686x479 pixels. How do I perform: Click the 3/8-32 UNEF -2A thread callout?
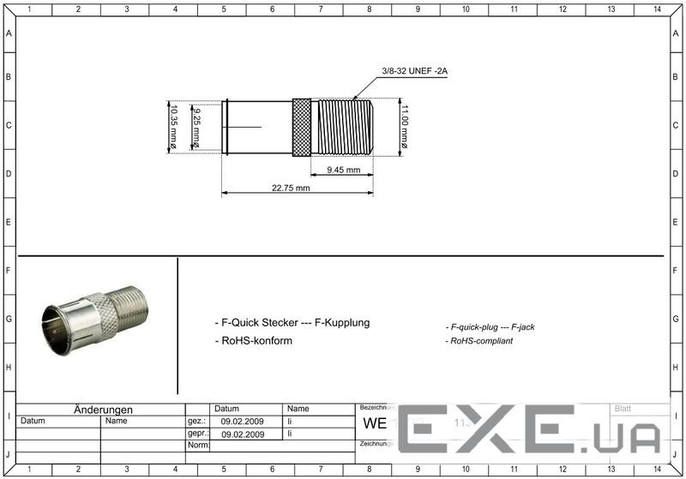click(414, 71)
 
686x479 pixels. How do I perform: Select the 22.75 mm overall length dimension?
click(291, 188)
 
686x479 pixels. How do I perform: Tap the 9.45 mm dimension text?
click(343, 170)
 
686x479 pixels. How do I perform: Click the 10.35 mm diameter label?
click(172, 127)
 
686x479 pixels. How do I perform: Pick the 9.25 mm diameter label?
click(196, 127)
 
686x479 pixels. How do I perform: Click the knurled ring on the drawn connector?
click(301, 127)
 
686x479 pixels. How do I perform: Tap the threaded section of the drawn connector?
click(343, 127)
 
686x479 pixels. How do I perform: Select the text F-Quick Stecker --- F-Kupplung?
click(292, 322)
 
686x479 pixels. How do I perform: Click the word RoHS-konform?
click(256, 340)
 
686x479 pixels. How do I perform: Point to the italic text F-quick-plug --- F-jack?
click(490, 326)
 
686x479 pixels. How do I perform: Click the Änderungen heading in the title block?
click(103, 410)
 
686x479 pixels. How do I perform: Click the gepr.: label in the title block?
click(197, 434)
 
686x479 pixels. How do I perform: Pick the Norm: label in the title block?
click(198, 446)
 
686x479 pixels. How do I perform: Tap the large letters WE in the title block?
click(376, 424)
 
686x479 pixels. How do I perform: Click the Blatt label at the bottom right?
click(623, 409)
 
